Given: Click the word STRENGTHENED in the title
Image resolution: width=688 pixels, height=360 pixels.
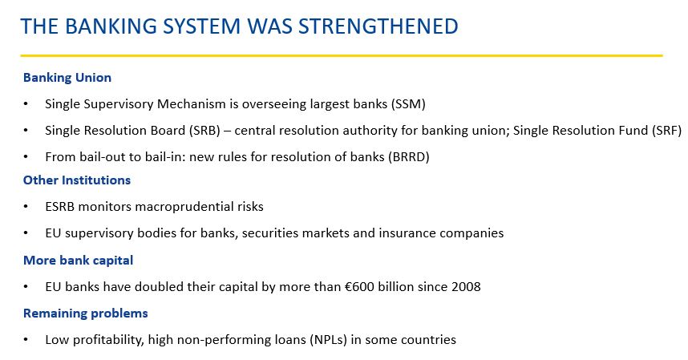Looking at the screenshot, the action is (x=378, y=26).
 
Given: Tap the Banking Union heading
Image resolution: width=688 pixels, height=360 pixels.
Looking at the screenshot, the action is (x=67, y=78).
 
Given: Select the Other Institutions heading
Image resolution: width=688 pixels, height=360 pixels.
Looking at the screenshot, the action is (x=77, y=180).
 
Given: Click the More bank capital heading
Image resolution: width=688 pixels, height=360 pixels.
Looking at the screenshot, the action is (x=78, y=261).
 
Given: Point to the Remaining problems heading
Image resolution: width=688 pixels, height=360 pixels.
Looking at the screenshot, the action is (x=86, y=313).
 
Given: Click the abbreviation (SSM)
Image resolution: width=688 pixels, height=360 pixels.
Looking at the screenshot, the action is (x=407, y=104).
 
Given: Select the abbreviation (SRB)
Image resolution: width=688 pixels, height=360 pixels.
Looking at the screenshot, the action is (x=204, y=131).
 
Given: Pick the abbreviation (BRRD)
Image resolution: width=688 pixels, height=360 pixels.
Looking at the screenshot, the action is (x=408, y=157).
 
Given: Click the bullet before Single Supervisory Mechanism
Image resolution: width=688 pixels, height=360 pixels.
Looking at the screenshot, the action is (x=26, y=104).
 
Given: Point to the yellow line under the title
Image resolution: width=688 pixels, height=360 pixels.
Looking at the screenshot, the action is (x=342, y=55).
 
